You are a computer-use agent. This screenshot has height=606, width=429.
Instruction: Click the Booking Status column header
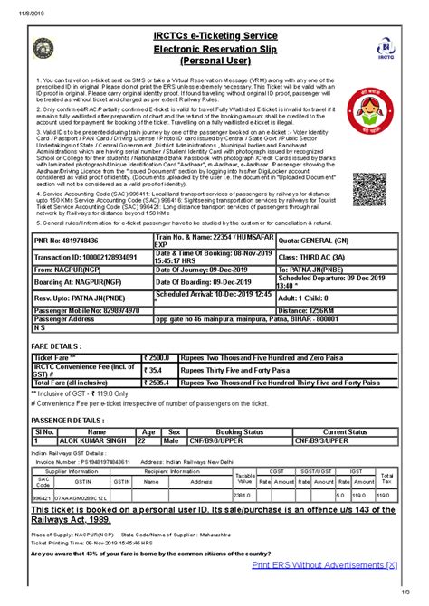(233, 432)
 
